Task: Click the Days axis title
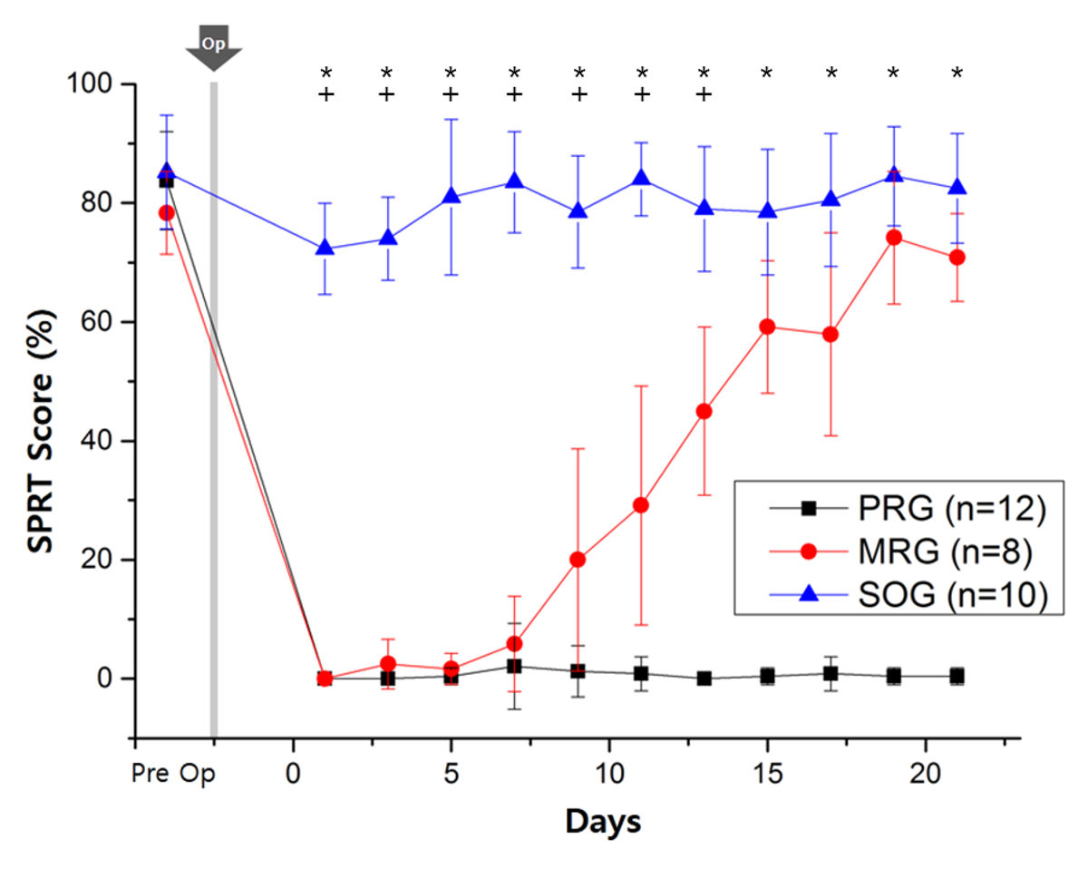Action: point(603,822)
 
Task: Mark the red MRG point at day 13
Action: point(704,411)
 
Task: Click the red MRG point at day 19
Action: point(893,238)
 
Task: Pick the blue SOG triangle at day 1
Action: point(325,248)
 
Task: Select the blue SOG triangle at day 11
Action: point(641,178)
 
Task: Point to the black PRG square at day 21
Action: point(957,676)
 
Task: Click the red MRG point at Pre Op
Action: point(166,213)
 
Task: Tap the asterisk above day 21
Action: point(957,73)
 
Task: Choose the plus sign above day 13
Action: point(704,93)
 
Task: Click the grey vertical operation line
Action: point(214,408)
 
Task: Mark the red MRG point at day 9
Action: point(578,560)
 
